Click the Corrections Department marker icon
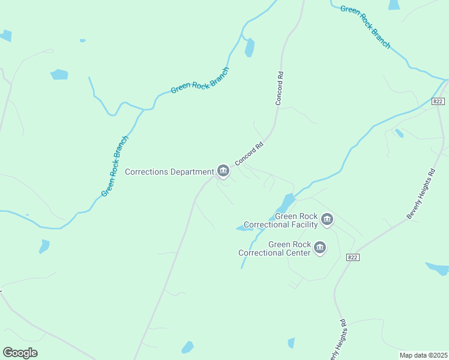click(223, 171)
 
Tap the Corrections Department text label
click(169, 172)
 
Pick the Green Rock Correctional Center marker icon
click(320, 248)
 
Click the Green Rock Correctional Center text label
click(274, 248)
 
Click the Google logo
click(20, 353)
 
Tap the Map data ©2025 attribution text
click(423, 355)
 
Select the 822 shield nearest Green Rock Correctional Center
click(353, 257)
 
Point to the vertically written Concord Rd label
click(279, 89)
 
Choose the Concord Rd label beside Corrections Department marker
click(249, 154)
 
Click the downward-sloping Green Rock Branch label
click(365, 27)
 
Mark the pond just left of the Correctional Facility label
click(244, 228)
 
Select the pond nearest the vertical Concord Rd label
click(249, 47)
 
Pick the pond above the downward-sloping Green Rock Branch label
click(394, 5)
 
